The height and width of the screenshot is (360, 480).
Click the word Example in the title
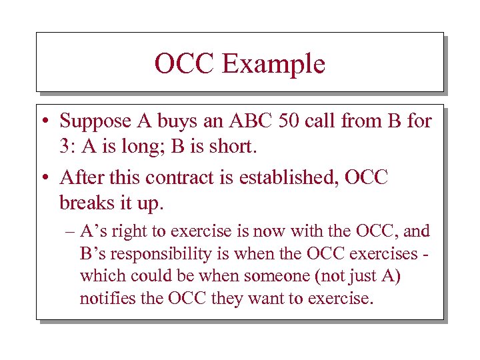(x=273, y=64)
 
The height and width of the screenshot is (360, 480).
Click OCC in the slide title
(x=185, y=64)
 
